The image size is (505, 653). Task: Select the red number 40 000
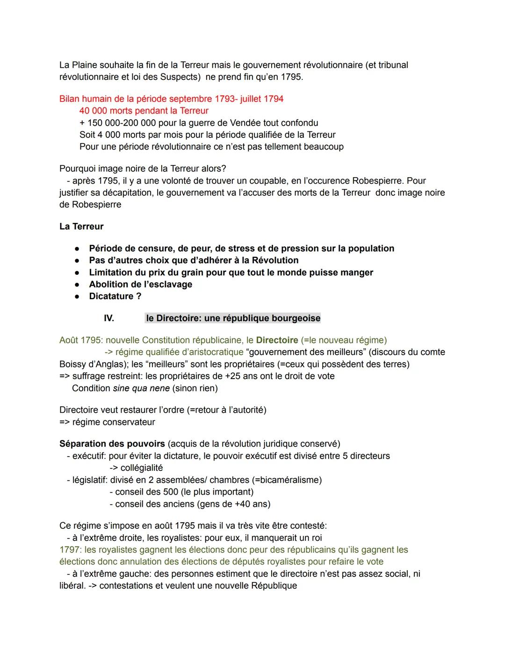point(93,111)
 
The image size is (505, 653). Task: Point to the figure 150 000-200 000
point(122,123)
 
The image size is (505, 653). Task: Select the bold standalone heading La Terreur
point(81,226)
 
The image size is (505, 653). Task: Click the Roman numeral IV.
point(108,318)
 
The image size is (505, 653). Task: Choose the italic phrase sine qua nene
point(141,388)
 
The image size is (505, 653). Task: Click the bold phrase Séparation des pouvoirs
point(112,444)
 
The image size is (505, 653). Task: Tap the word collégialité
point(142,468)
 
